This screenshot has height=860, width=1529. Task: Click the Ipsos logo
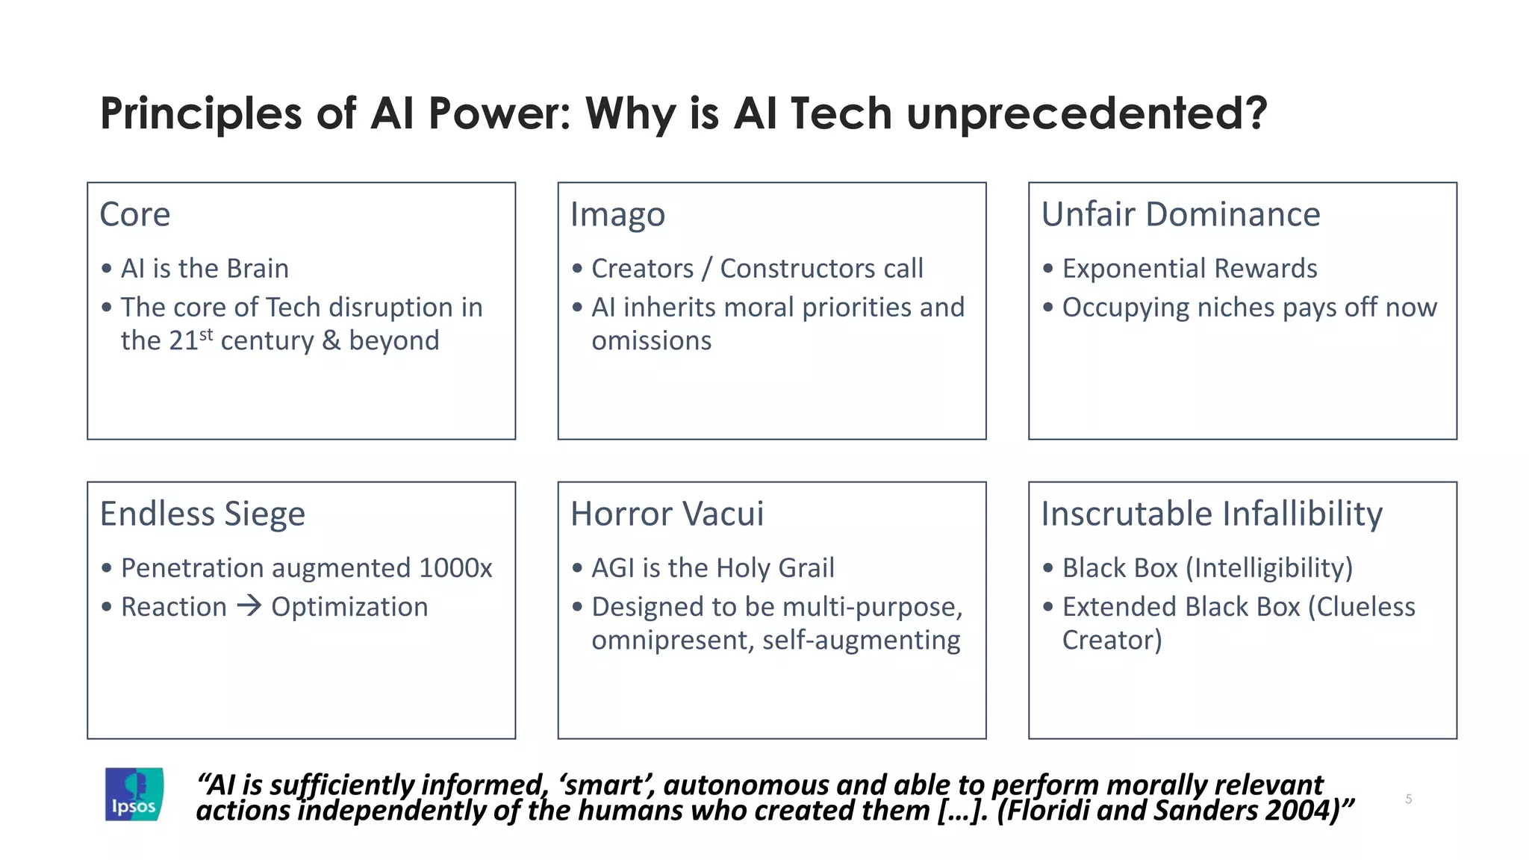[134, 794]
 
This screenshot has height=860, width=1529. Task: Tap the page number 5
[1408, 799]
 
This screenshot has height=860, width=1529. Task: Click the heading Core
[135, 215]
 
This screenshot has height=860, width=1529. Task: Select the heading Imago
[617, 215]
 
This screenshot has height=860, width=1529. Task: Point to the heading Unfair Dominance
[1180, 215]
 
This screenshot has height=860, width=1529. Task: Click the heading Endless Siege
[202, 514]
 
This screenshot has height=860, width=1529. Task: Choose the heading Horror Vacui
[667, 514]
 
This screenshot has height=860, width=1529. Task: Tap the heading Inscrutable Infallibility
[1212, 514]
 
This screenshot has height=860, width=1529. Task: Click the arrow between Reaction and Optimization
[249, 605]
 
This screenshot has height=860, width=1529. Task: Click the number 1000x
[455, 568]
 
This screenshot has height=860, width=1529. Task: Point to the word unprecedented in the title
[1086, 113]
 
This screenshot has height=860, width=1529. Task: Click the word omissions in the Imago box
[651, 341]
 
